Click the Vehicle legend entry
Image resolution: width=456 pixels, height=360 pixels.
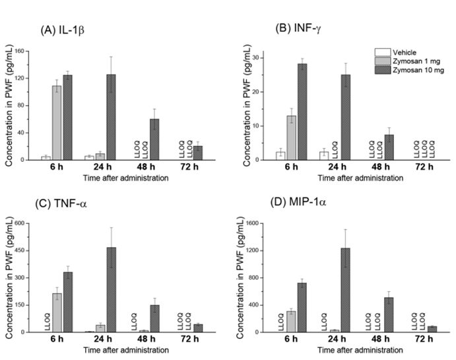point(395,52)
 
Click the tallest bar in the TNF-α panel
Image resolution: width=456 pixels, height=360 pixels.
point(111,289)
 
